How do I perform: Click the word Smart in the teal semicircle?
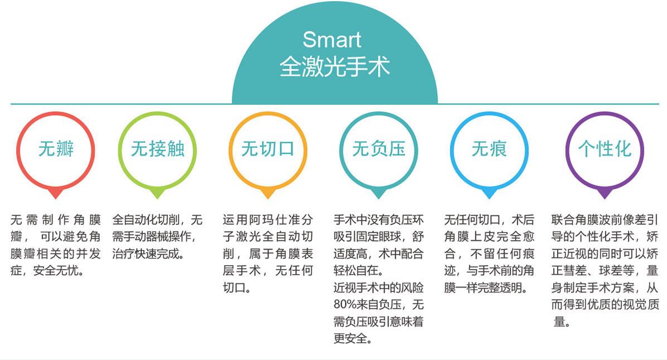point(332,40)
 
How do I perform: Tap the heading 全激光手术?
point(335,67)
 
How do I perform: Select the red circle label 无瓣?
point(56,149)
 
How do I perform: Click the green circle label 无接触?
point(157,149)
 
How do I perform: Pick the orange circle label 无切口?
point(267,149)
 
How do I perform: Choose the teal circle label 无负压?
point(378,149)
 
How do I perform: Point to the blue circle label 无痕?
point(489,149)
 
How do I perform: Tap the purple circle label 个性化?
point(604,149)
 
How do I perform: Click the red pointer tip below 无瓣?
point(56,198)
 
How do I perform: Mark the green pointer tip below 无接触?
point(157,198)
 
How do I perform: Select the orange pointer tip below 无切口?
point(267,198)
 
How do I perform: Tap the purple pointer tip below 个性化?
point(604,198)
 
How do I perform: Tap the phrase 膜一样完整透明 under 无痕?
point(483,288)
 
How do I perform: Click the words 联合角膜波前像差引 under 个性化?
point(604,220)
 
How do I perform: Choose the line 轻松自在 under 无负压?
point(356,271)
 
